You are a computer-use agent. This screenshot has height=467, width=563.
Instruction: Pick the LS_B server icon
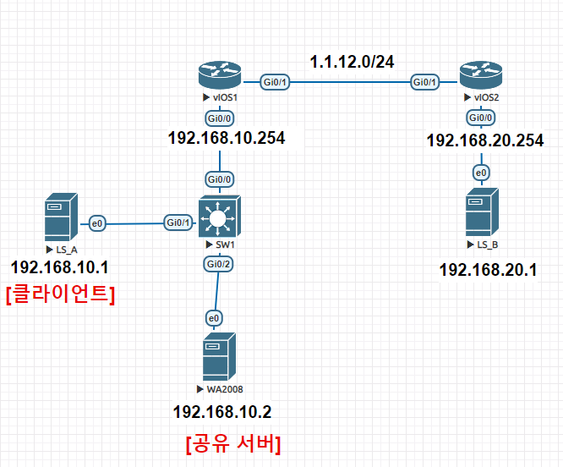pyautogui.click(x=481, y=213)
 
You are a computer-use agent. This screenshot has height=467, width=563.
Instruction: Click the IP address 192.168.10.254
pyautogui.click(x=227, y=138)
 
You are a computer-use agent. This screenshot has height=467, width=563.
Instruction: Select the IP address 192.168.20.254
pyautogui.click(x=484, y=140)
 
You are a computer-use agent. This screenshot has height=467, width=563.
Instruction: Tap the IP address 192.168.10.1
pyautogui.click(x=59, y=267)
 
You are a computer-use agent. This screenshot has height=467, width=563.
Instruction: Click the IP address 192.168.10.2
pyautogui.click(x=221, y=412)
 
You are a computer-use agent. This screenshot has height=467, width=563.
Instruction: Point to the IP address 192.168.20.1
pyautogui.click(x=489, y=270)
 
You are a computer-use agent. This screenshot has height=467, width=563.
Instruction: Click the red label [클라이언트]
pyautogui.click(x=59, y=294)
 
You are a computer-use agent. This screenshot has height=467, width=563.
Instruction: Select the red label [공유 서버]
pyautogui.click(x=232, y=442)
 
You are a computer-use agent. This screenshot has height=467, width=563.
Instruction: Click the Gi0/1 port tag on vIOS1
pyautogui.click(x=275, y=82)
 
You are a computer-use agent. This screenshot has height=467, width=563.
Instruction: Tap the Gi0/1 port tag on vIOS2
pyautogui.click(x=424, y=82)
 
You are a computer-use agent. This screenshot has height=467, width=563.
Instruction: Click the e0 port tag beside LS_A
pyautogui.click(x=96, y=223)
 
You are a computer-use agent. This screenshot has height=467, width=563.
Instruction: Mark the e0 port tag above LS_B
pyautogui.click(x=481, y=173)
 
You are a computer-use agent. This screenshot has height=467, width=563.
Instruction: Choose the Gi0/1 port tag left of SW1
pyautogui.click(x=178, y=223)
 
